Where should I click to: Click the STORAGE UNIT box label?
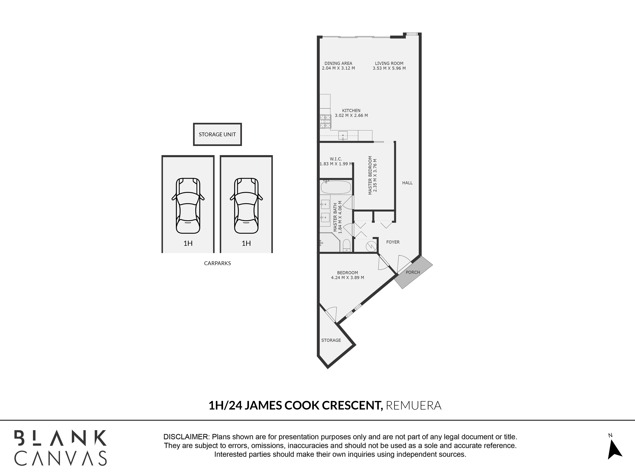(x=217, y=134)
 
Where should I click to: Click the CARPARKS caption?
(x=217, y=263)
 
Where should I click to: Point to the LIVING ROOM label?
(x=389, y=63)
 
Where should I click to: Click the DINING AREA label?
(x=338, y=63)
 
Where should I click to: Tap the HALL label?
(x=407, y=183)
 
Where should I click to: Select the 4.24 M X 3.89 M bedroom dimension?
(x=347, y=278)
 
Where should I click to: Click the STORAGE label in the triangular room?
(x=331, y=340)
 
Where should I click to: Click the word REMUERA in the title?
(x=414, y=405)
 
